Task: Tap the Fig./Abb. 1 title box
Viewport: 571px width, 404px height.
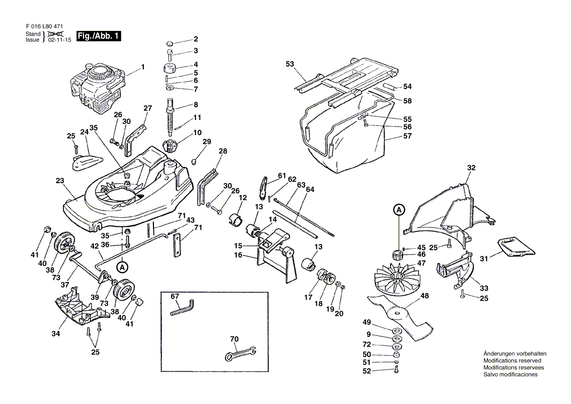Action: [x=98, y=36]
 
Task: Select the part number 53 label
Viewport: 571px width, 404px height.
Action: [x=289, y=64]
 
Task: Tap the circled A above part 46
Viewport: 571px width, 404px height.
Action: [x=399, y=210]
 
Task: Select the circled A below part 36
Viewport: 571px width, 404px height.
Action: [x=122, y=267]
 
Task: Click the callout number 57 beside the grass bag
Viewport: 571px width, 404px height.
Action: [x=408, y=136]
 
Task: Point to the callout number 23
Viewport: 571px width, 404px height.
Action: [x=60, y=181]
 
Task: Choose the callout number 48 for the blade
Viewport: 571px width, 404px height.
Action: [x=425, y=296]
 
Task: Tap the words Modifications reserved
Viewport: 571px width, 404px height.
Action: [x=512, y=360]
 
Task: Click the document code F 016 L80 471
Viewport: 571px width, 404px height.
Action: [x=44, y=26]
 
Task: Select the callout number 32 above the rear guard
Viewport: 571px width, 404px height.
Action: [x=471, y=168]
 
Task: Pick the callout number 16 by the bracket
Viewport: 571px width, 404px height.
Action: [x=238, y=255]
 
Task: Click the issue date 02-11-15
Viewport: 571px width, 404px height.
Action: [x=59, y=40]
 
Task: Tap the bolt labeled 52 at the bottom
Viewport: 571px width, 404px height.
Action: [x=396, y=370]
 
